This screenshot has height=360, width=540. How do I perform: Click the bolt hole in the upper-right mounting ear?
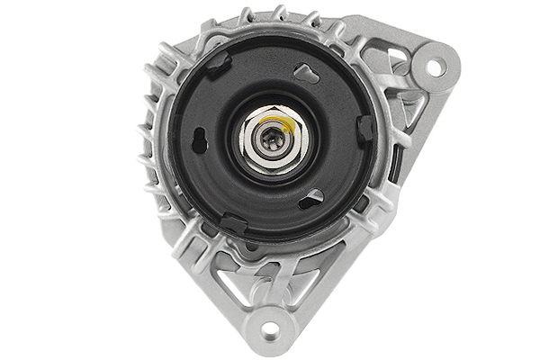click(x=434, y=67)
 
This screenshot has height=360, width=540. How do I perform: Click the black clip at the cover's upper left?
click(x=219, y=62)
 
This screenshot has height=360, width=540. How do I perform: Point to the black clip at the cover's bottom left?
click(x=233, y=222)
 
